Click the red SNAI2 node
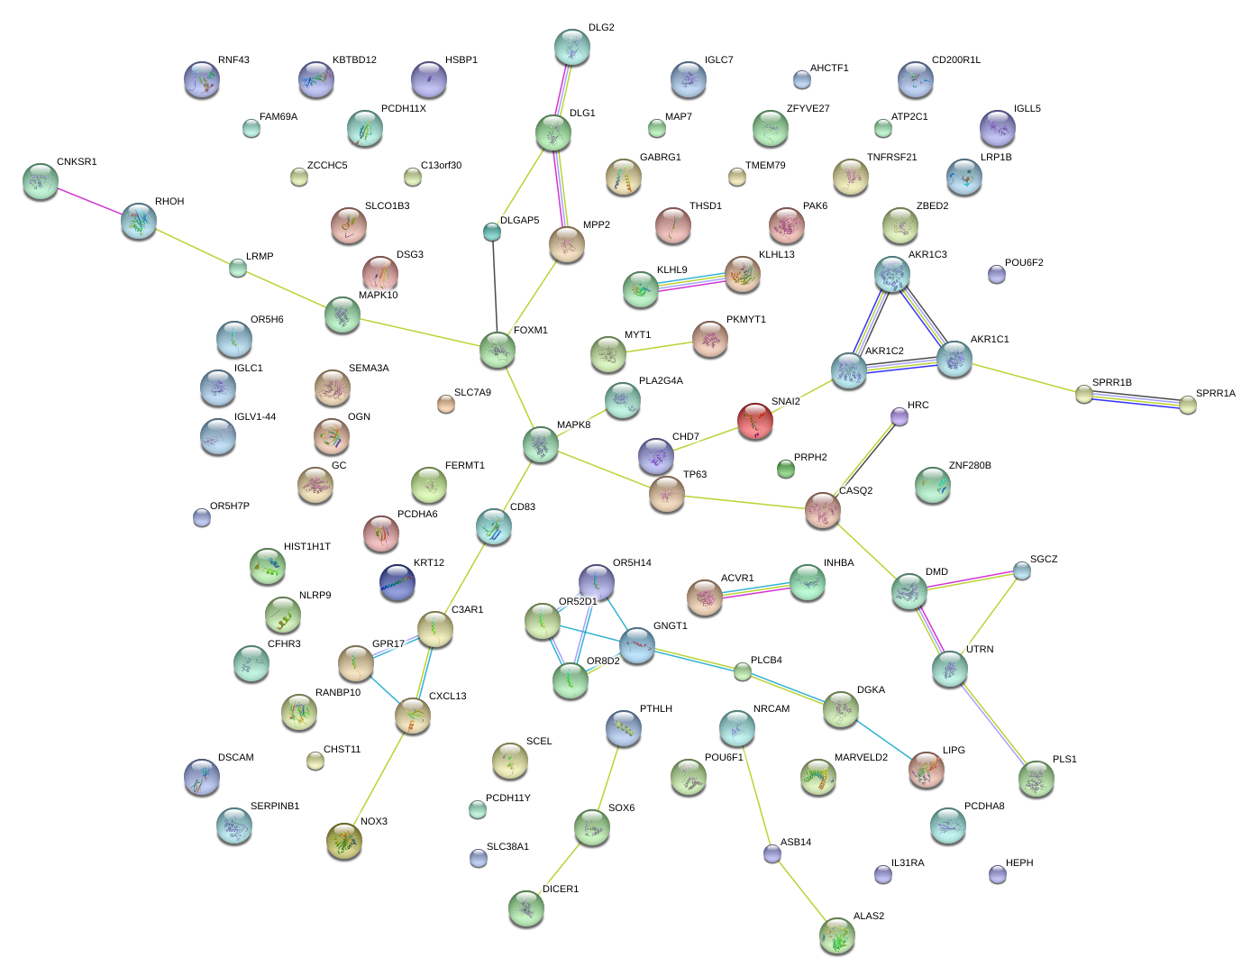click(755, 421)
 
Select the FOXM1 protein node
click(498, 350)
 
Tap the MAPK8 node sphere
click(541, 444)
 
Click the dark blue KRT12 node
click(397, 582)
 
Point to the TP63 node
click(667, 494)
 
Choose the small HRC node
click(899, 415)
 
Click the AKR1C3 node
click(892, 275)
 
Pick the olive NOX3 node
click(344, 841)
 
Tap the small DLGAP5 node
click(491, 233)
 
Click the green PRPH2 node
click(786, 469)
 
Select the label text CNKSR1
click(77, 162)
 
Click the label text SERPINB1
click(275, 807)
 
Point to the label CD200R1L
click(956, 60)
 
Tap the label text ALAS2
click(869, 917)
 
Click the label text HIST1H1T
click(307, 547)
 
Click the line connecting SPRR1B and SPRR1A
click(1136, 399)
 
